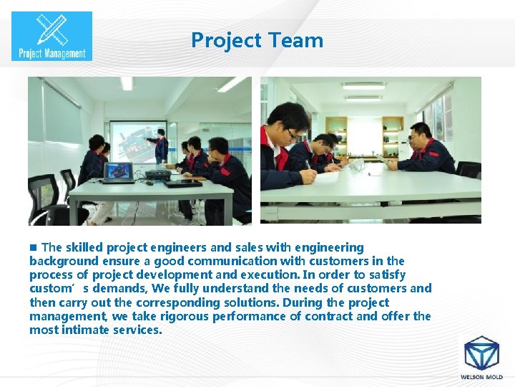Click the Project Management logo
click(51, 35)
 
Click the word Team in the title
click(295, 40)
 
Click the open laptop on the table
click(118, 173)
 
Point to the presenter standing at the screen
click(160, 145)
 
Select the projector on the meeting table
click(157, 174)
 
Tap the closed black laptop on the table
click(182, 183)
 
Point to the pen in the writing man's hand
click(308, 166)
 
